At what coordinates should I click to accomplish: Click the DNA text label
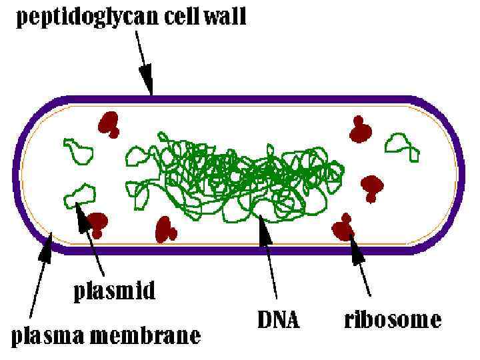(278, 321)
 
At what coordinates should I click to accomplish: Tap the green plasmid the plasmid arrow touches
(79, 195)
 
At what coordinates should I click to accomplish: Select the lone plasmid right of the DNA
(404, 145)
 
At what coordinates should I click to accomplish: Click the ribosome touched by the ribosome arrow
(344, 228)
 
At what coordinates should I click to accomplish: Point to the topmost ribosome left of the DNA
(108, 124)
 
